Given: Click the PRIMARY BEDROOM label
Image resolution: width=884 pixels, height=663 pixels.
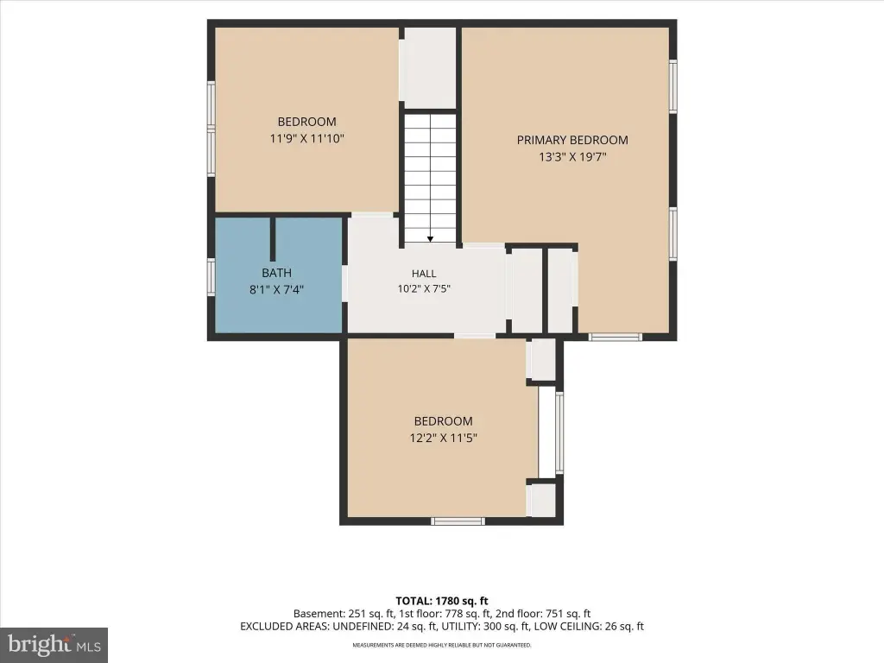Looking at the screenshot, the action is (572, 140).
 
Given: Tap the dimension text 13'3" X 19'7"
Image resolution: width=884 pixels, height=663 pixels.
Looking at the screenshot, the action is (572, 157).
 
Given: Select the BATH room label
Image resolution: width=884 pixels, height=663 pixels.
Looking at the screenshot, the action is (276, 273).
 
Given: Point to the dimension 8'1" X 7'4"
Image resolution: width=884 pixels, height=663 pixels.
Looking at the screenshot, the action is (276, 290).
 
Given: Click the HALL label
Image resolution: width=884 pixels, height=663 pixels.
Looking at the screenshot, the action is (424, 274).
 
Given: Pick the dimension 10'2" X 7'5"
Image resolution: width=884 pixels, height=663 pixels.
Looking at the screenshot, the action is (424, 289).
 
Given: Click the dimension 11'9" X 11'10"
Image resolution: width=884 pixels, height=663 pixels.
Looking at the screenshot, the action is (306, 138).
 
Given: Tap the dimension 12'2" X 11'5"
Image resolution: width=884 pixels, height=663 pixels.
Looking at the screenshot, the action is (443, 438).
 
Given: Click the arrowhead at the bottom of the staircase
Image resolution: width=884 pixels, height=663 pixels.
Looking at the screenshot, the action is (430, 239).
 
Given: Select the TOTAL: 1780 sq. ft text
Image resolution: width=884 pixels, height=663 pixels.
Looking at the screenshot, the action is (441, 601).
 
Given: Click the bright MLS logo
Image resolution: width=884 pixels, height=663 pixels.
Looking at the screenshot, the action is (54, 644).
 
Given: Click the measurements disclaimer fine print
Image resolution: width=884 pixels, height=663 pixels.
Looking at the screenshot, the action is (441, 645).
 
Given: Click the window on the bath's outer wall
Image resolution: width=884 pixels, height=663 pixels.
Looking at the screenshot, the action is (212, 277).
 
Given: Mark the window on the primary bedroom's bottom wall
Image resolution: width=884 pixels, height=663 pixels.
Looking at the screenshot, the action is (615, 338).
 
